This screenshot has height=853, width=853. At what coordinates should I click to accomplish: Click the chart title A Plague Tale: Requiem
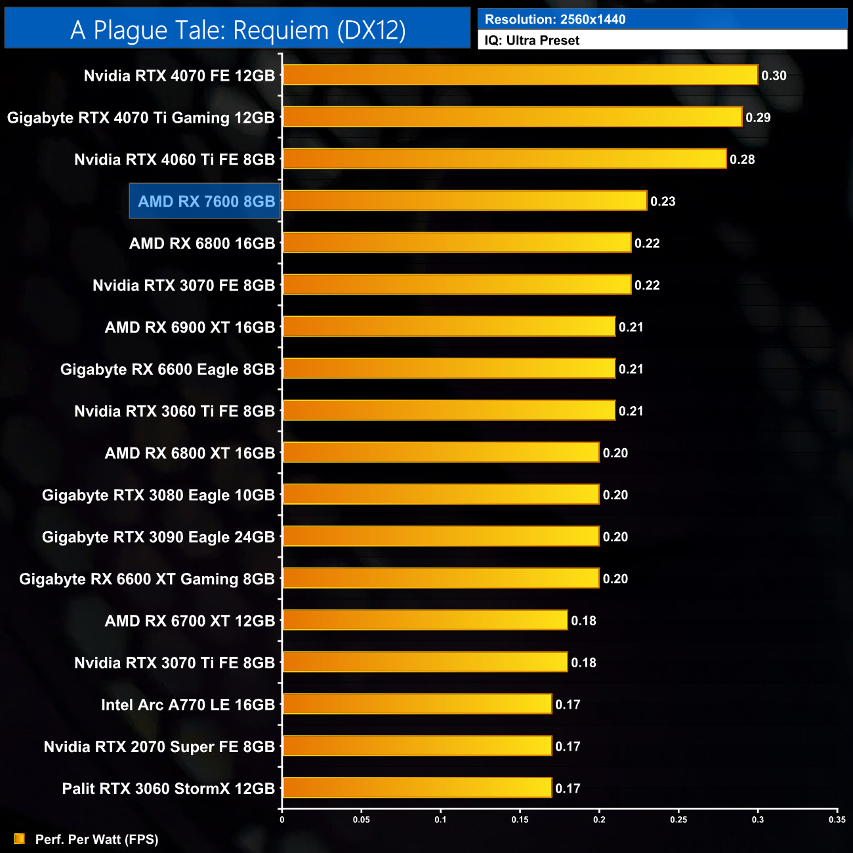point(238,30)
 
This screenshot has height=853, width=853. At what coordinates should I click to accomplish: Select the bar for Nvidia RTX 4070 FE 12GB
point(520,75)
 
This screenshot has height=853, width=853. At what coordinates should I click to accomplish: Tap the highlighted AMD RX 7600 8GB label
point(206,201)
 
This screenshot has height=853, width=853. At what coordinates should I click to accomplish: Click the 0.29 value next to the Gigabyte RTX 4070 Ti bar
point(758,117)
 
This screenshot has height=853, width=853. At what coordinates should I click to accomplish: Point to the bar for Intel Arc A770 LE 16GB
point(417,704)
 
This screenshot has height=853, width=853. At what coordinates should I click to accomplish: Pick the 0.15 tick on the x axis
point(520,820)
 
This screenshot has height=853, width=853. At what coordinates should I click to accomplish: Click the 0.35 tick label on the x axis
point(837,820)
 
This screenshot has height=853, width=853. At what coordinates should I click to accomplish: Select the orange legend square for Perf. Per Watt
point(20,839)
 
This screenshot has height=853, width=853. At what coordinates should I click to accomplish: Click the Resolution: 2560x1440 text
point(555,20)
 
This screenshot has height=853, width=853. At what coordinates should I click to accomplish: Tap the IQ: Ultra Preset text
point(532,41)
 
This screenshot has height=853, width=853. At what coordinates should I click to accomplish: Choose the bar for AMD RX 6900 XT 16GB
point(449,327)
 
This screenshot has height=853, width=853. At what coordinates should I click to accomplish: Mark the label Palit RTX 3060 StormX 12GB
point(168,788)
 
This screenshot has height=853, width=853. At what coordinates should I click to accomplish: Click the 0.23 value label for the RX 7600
point(663,201)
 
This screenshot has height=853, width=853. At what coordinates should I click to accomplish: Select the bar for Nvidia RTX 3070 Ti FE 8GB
point(425,662)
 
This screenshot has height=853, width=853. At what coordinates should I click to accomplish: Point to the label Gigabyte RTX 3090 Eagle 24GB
point(158,537)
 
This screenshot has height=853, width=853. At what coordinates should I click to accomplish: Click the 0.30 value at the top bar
point(774,75)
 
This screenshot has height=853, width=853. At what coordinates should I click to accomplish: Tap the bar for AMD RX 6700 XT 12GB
point(425,620)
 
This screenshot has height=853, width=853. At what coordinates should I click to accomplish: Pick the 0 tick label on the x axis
point(282,820)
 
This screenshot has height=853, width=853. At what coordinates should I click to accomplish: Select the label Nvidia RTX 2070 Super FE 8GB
point(159,746)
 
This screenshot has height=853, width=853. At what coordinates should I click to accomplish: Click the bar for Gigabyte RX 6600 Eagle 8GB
point(449,369)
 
